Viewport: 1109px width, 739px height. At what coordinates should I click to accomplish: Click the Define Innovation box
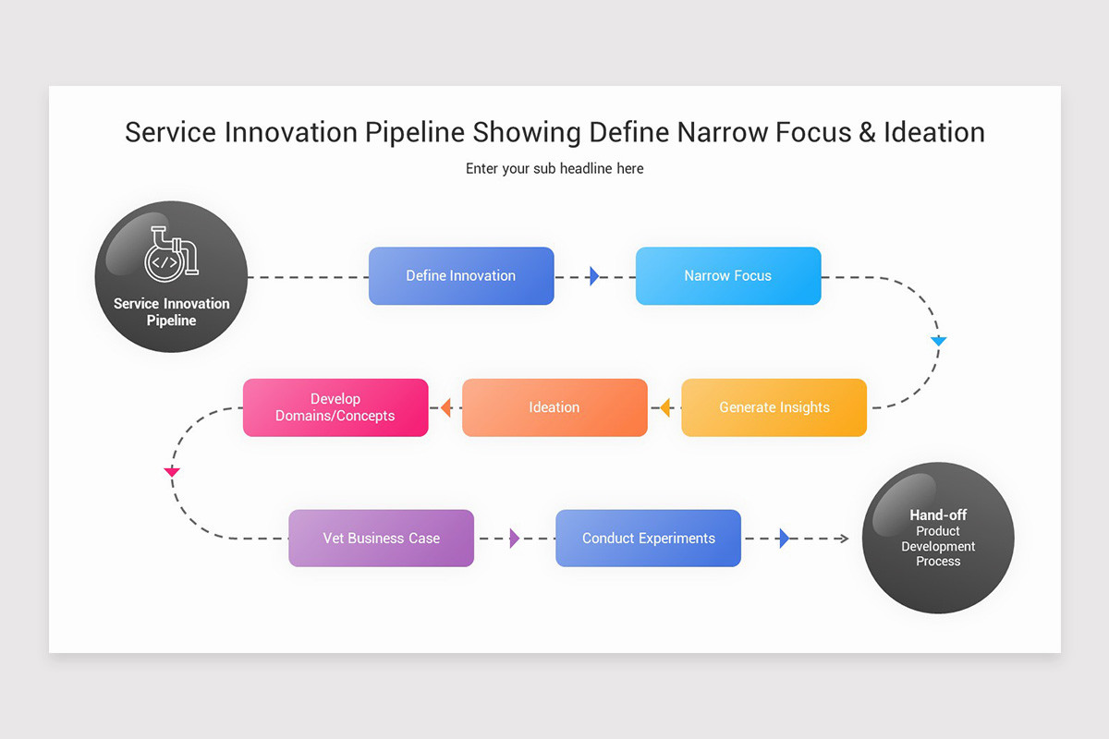coord(461,275)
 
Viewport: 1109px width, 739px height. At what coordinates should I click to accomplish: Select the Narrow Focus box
coord(727,275)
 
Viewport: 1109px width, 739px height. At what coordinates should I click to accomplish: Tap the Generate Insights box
coord(774,407)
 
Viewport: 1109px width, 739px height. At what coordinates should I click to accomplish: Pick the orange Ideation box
coord(554,407)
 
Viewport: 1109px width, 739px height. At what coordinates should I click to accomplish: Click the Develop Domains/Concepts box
coord(335,407)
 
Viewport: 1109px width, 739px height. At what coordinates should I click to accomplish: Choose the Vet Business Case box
coord(381,539)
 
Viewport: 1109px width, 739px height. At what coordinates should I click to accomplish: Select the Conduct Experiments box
coord(648,539)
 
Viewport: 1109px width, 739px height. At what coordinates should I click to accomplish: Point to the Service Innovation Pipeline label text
coord(171,312)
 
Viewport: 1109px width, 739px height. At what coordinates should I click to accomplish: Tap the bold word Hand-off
coord(938,515)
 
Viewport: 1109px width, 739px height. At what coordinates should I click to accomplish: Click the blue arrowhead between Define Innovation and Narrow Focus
coord(594,275)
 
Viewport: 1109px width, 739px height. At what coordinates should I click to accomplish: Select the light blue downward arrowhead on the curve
coord(939,342)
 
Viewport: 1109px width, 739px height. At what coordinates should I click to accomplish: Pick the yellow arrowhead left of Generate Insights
coord(664,407)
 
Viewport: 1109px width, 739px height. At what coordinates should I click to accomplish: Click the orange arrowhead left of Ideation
coord(445,407)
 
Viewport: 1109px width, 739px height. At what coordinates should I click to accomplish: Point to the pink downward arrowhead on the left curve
coord(171,472)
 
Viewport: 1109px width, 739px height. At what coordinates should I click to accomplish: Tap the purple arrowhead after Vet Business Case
coord(515,539)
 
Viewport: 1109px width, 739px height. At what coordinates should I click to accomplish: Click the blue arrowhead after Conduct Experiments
coord(784,539)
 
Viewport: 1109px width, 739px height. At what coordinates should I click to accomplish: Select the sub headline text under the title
coord(554,169)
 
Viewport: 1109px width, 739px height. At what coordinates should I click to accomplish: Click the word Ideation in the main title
coord(933,132)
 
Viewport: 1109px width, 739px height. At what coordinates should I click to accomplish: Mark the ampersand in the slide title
coord(866,132)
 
